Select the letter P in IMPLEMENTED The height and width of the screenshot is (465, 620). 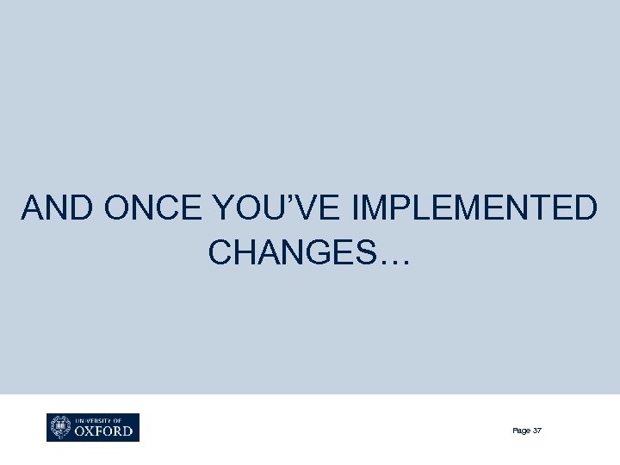coord(396,208)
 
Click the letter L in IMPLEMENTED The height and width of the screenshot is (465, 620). coord(417,208)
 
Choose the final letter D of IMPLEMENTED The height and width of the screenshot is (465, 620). coord(584,208)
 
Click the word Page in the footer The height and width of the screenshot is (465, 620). coord(521,431)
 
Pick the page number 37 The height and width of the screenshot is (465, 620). coord(537,431)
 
